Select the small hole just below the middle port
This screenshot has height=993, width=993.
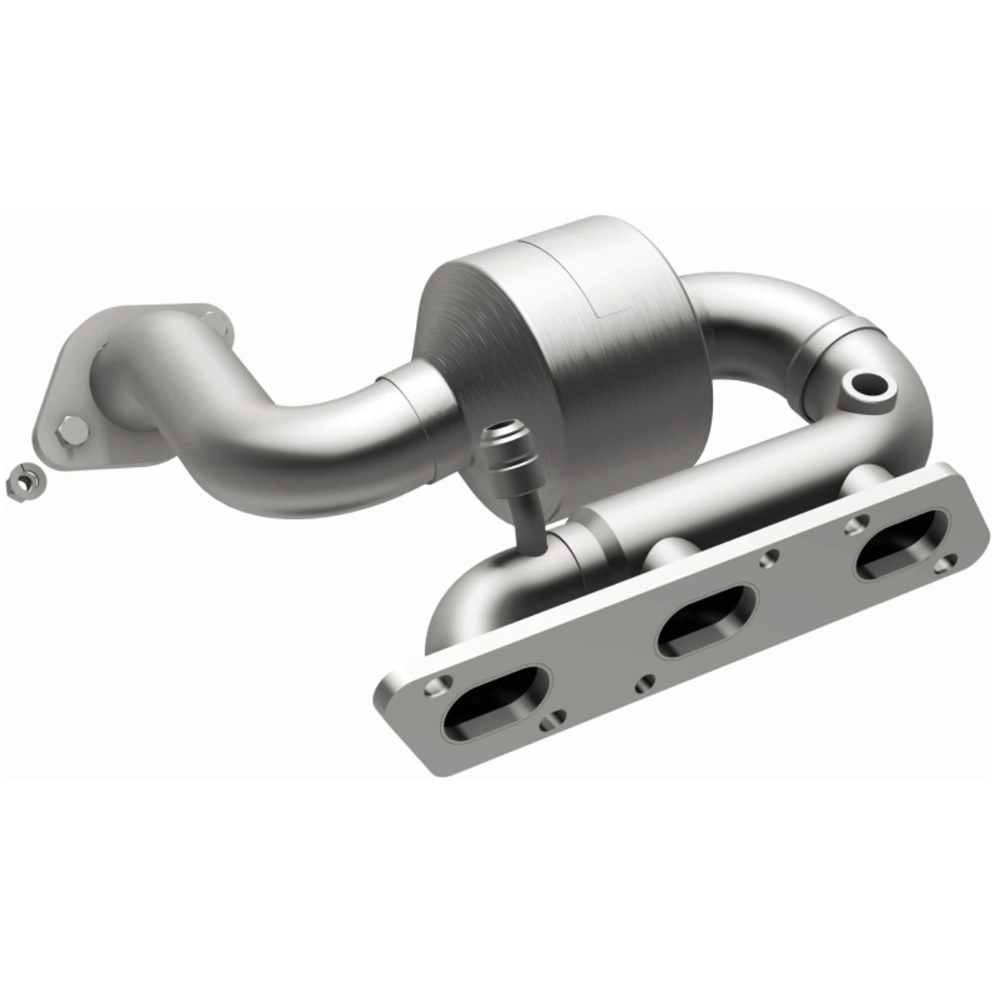(x=643, y=683)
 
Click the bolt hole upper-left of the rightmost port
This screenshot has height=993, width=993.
(x=853, y=523)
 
